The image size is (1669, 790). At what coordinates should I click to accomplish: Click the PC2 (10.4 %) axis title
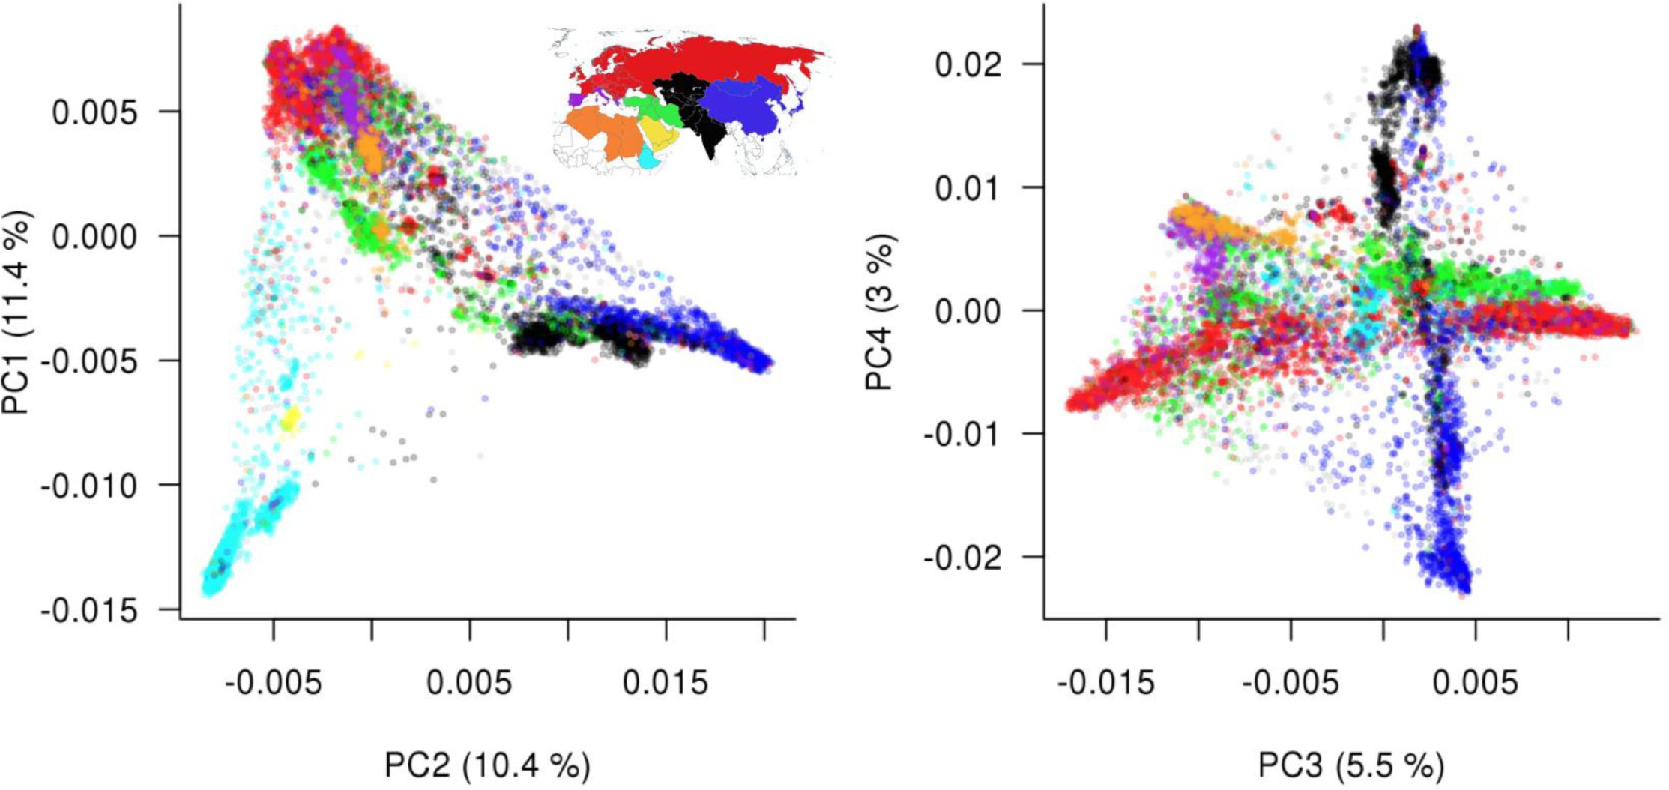pyautogui.click(x=487, y=765)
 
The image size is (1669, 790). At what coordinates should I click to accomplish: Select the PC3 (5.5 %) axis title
pyautogui.click(x=1350, y=765)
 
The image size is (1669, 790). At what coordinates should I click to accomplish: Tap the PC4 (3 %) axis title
pyautogui.click(x=880, y=312)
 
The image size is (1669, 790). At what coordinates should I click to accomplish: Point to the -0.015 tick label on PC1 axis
pyautogui.click(x=90, y=610)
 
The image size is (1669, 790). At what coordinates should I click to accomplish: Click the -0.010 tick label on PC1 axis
pyautogui.click(x=90, y=486)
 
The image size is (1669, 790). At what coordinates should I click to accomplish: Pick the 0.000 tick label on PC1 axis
pyautogui.click(x=95, y=237)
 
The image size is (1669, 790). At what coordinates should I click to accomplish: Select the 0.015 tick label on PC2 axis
pyautogui.click(x=666, y=683)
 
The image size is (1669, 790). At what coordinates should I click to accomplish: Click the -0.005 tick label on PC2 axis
pyautogui.click(x=273, y=683)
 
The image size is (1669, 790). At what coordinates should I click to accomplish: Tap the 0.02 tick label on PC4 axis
pyautogui.click(x=968, y=64)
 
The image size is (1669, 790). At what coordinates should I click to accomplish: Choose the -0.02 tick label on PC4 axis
pyautogui.click(x=962, y=558)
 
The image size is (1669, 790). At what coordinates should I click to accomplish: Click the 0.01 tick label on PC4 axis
pyautogui.click(x=968, y=187)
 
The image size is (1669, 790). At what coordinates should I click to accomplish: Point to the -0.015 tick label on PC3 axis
pyautogui.click(x=1106, y=683)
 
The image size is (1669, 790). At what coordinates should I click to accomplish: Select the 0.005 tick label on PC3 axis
pyautogui.click(x=1475, y=683)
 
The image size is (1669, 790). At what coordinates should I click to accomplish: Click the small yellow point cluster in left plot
pyautogui.click(x=290, y=418)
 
